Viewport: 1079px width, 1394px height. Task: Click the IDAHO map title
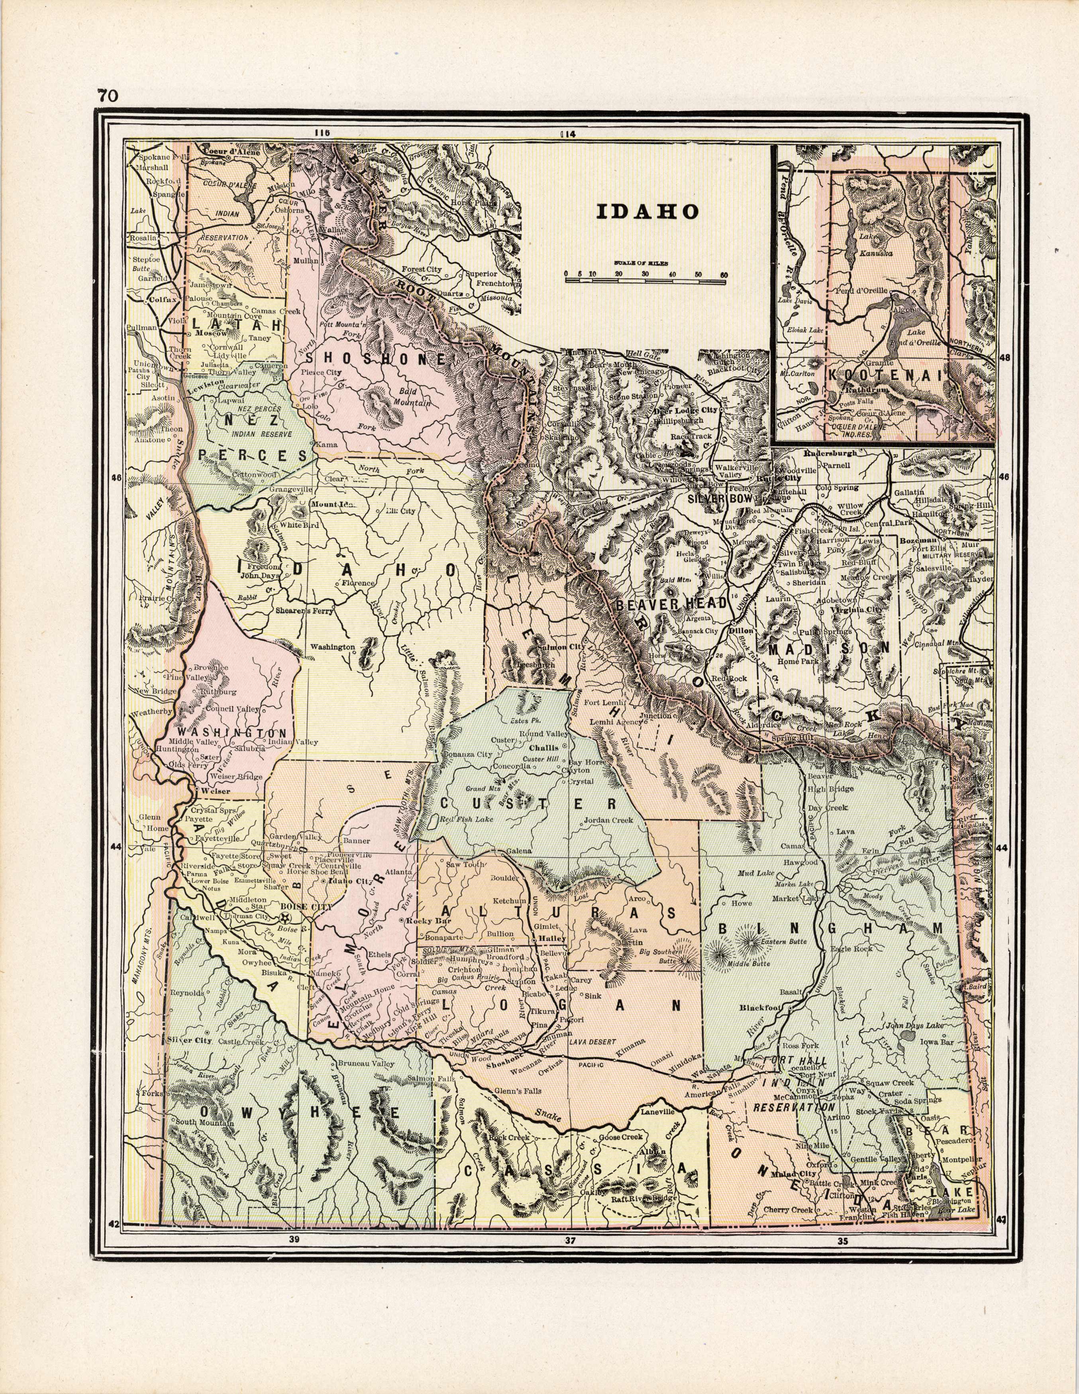[647, 211]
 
